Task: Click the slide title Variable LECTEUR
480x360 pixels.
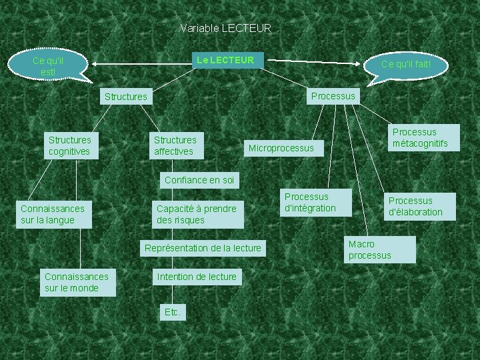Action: click(x=225, y=29)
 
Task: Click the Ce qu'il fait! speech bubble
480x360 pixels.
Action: click(x=405, y=65)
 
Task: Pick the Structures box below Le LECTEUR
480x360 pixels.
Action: click(x=125, y=97)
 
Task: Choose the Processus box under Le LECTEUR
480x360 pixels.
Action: click(x=333, y=96)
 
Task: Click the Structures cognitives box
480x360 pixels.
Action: click(x=69, y=146)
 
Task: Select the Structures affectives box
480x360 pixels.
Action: click(x=175, y=146)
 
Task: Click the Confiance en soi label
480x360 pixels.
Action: click(x=199, y=180)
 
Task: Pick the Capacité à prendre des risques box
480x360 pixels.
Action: click(x=197, y=215)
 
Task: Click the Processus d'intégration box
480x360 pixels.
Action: click(x=310, y=203)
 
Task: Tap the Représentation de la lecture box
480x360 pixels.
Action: click(x=203, y=249)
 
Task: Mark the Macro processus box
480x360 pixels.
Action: click(x=378, y=250)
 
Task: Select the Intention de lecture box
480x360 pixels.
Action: click(x=197, y=277)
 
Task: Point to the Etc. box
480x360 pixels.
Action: click(x=172, y=312)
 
